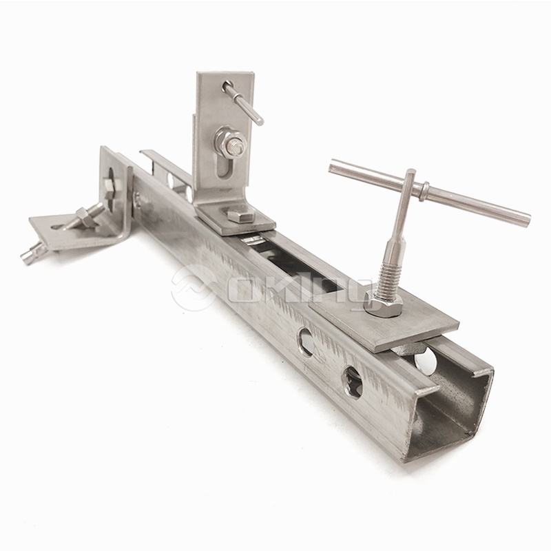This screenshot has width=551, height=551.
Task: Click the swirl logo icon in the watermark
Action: [x=192, y=289]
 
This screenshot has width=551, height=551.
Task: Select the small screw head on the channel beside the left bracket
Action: [x=139, y=199]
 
